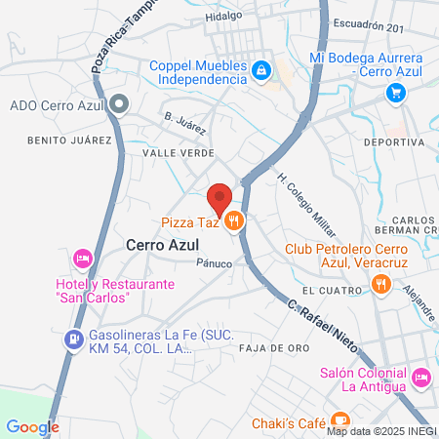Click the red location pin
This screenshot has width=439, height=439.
220,197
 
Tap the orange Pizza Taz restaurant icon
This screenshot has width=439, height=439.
233,222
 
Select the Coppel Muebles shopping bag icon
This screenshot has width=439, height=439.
261,69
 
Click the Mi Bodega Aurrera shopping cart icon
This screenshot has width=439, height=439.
395,93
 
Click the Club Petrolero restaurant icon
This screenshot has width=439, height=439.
381,285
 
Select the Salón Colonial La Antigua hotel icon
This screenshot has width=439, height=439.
420,376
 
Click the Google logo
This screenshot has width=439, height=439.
32,426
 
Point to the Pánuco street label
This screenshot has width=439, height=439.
214,263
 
